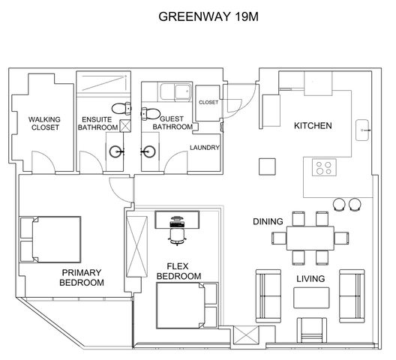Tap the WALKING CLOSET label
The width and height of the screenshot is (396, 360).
point(44,124)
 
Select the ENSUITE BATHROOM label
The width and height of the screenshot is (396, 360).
point(98,124)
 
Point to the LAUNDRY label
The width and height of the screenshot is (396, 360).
point(205,148)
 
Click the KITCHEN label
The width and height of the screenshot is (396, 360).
point(312,125)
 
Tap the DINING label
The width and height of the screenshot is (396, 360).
point(267,221)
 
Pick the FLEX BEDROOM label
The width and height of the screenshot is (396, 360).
point(178,271)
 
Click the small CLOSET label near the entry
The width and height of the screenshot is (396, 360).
point(208,102)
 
